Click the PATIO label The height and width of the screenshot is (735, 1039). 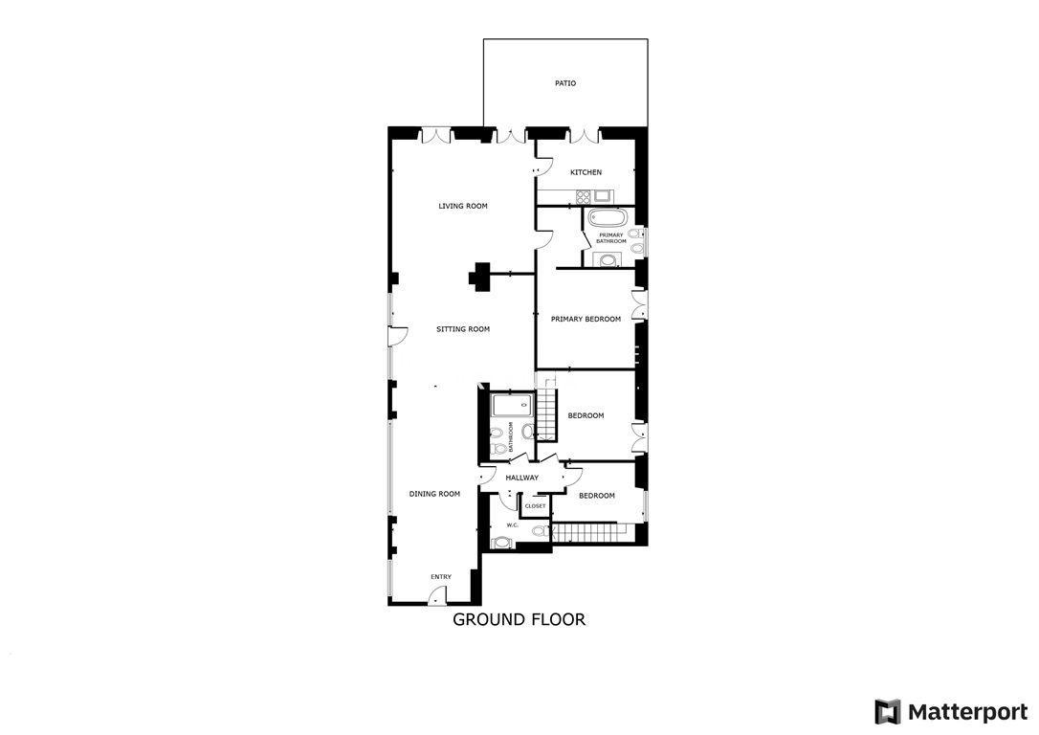(565, 83)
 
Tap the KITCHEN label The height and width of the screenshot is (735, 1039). (586, 172)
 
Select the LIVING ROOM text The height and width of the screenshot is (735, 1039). (462, 206)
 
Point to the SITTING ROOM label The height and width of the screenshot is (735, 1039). (463, 329)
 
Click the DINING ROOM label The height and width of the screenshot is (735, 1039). (434, 494)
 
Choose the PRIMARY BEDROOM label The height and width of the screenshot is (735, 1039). (586, 320)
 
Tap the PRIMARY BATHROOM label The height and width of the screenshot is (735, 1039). (611, 238)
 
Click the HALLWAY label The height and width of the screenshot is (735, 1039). (522, 478)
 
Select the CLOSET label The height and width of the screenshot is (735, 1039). (536, 506)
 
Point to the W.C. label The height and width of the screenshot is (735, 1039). (512, 525)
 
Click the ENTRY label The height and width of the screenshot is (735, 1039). (441, 577)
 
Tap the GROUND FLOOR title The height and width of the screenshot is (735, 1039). (519, 620)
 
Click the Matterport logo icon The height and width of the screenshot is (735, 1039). (887, 712)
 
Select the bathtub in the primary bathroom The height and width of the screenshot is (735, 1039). (608, 218)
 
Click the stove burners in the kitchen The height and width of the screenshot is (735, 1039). (583, 196)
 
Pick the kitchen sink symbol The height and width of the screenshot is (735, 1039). (603, 196)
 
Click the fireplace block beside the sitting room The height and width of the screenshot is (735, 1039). (479, 275)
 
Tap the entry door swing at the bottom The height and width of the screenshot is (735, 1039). (435, 598)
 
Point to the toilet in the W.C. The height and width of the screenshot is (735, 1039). (540, 531)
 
